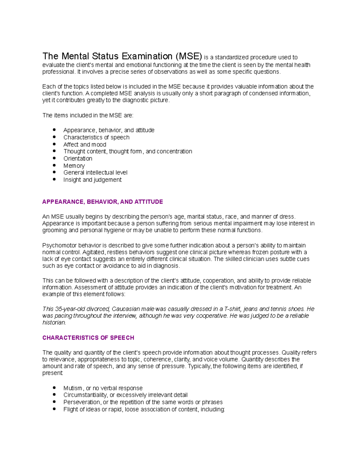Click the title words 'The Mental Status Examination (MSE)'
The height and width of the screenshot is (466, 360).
pyautogui.click(x=122, y=56)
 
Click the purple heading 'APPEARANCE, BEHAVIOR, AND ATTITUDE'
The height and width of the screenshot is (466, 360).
pyautogui.click(x=103, y=202)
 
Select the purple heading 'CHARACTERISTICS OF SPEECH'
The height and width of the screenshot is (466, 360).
pyautogui.click(x=88, y=338)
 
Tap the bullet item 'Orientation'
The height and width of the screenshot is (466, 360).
pyautogui.click(x=78, y=158)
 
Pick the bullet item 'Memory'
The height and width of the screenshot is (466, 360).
pyautogui.click(x=74, y=166)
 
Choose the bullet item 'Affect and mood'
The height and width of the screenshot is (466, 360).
pyautogui.click(x=85, y=145)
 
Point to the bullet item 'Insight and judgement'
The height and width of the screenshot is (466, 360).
pyautogui.click(x=92, y=180)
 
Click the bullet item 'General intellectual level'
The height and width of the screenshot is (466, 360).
pyautogui.click(x=95, y=173)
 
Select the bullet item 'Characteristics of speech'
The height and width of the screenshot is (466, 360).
pyautogui.click(x=96, y=137)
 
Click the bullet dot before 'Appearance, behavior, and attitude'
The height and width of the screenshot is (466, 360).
pyautogui.click(x=54, y=130)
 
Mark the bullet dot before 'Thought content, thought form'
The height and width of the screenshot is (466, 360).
pyautogui.click(x=54, y=151)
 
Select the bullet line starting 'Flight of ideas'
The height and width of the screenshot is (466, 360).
pyautogui.click(x=144, y=409)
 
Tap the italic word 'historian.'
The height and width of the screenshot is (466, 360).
pyautogui.click(x=54, y=323)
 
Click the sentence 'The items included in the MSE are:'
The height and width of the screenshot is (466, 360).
pyautogui.click(x=88, y=116)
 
